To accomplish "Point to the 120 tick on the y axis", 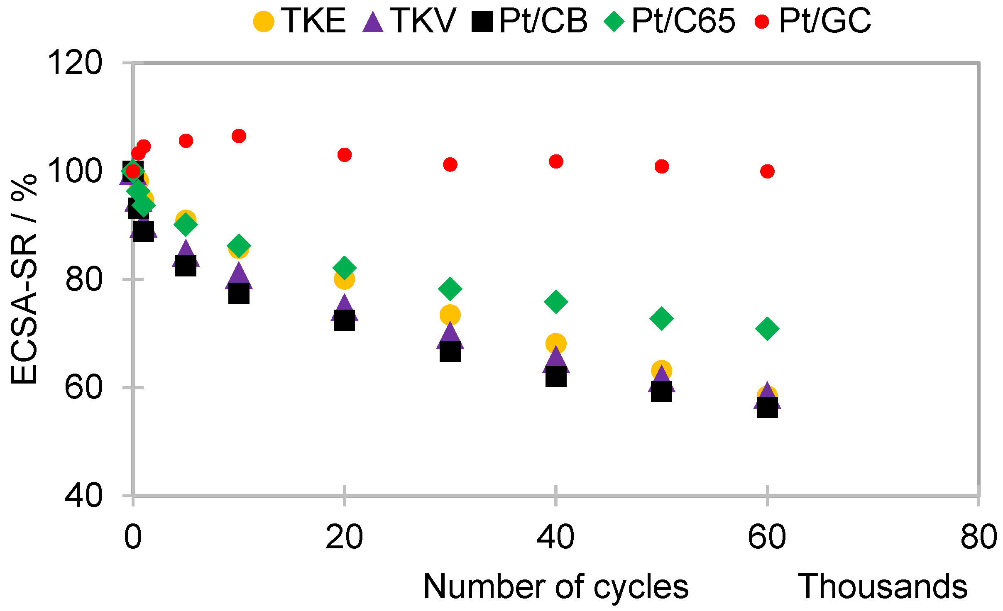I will [75, 63].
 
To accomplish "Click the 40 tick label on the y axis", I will [83, 495].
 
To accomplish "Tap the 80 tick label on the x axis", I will [979, 537].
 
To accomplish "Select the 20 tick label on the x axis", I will [344, 537].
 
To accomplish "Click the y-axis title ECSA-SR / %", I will [24, 279].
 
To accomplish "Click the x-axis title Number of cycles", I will [555, 587].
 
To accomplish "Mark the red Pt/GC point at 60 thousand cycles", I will [767, 171].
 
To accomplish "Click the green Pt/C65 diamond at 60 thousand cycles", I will [767, 329].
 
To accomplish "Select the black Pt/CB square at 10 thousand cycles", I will [239, 293].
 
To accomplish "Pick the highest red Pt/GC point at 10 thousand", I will [239, 136].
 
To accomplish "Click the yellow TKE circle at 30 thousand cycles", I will [450, 315].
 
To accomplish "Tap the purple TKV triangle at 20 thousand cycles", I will [344, 308].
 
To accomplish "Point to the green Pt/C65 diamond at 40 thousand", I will [556, 301].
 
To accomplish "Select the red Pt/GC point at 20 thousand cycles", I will [344, 155].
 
